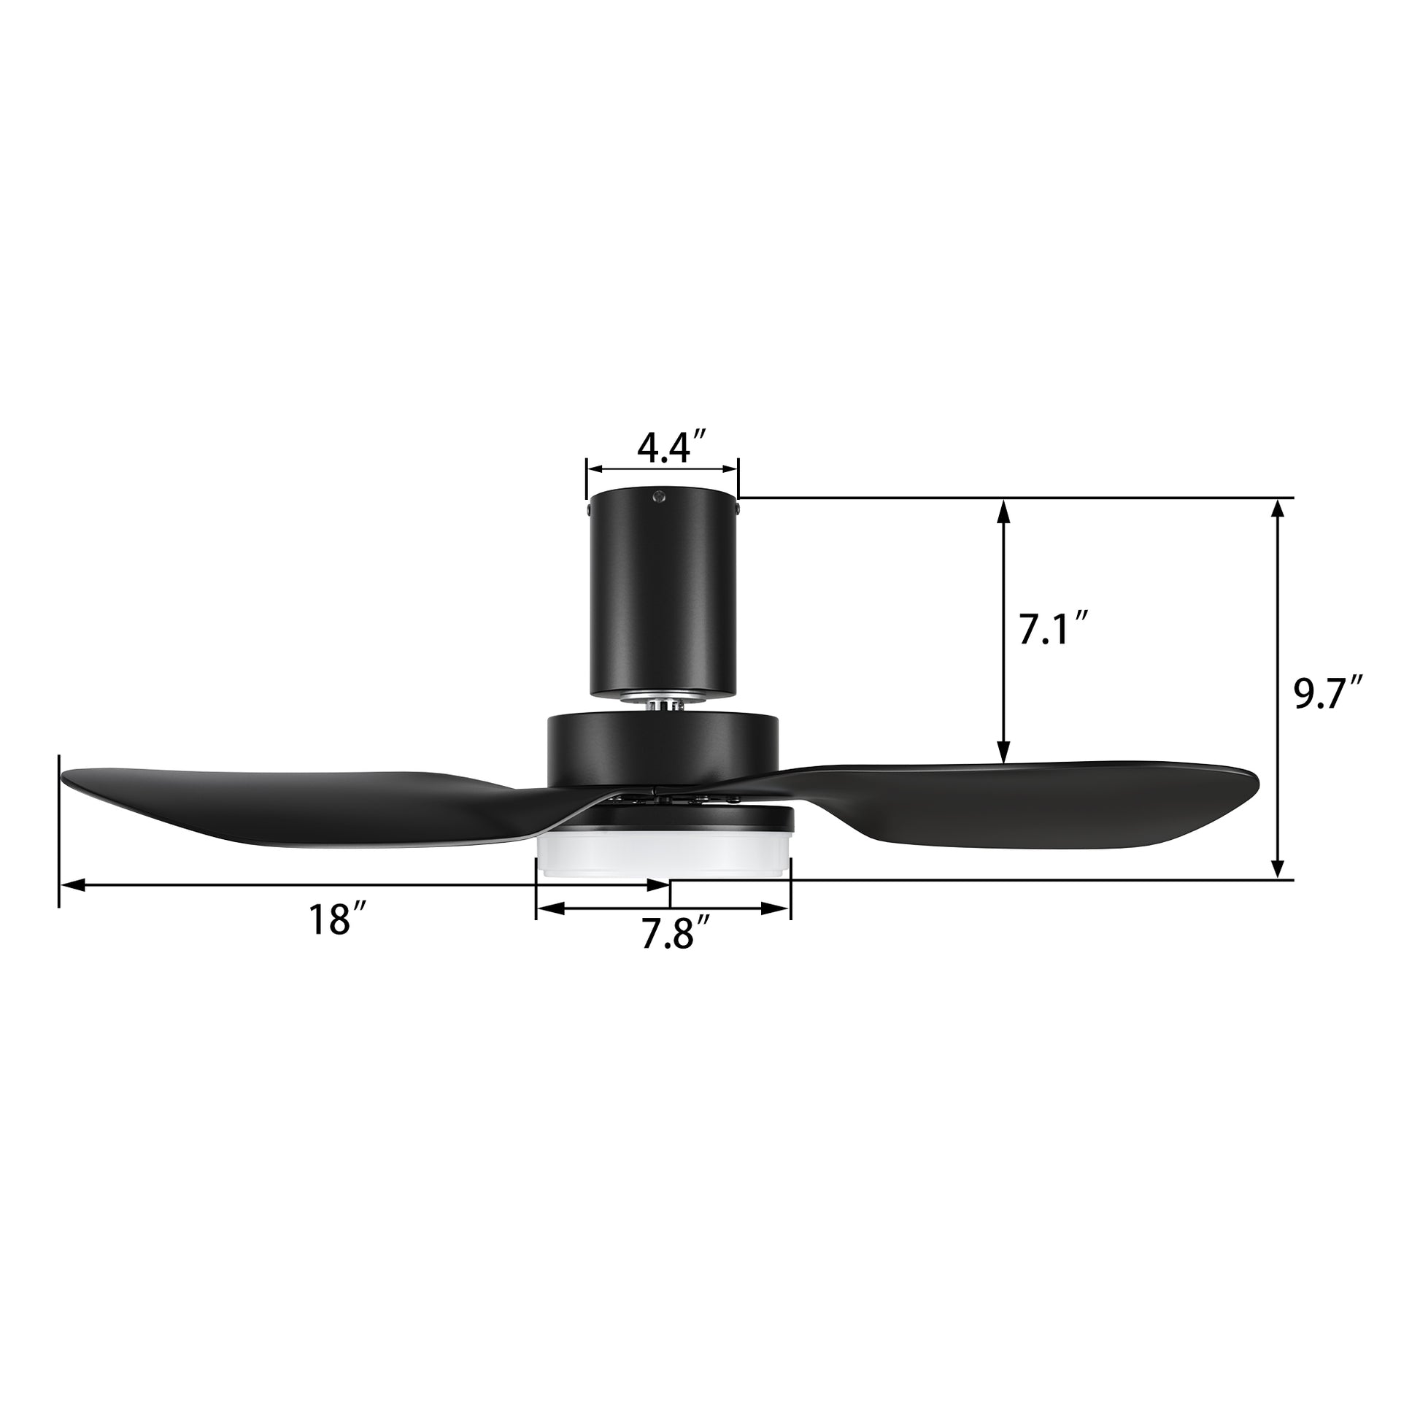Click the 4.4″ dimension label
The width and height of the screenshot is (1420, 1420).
click(x=671, y=448)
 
